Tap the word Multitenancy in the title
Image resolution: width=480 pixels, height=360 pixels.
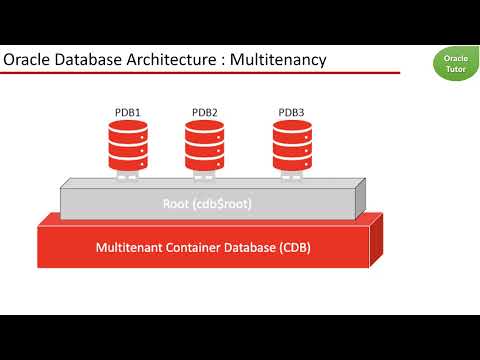[x=278, y=61]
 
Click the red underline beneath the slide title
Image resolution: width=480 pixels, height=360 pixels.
[x=200, y=73]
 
